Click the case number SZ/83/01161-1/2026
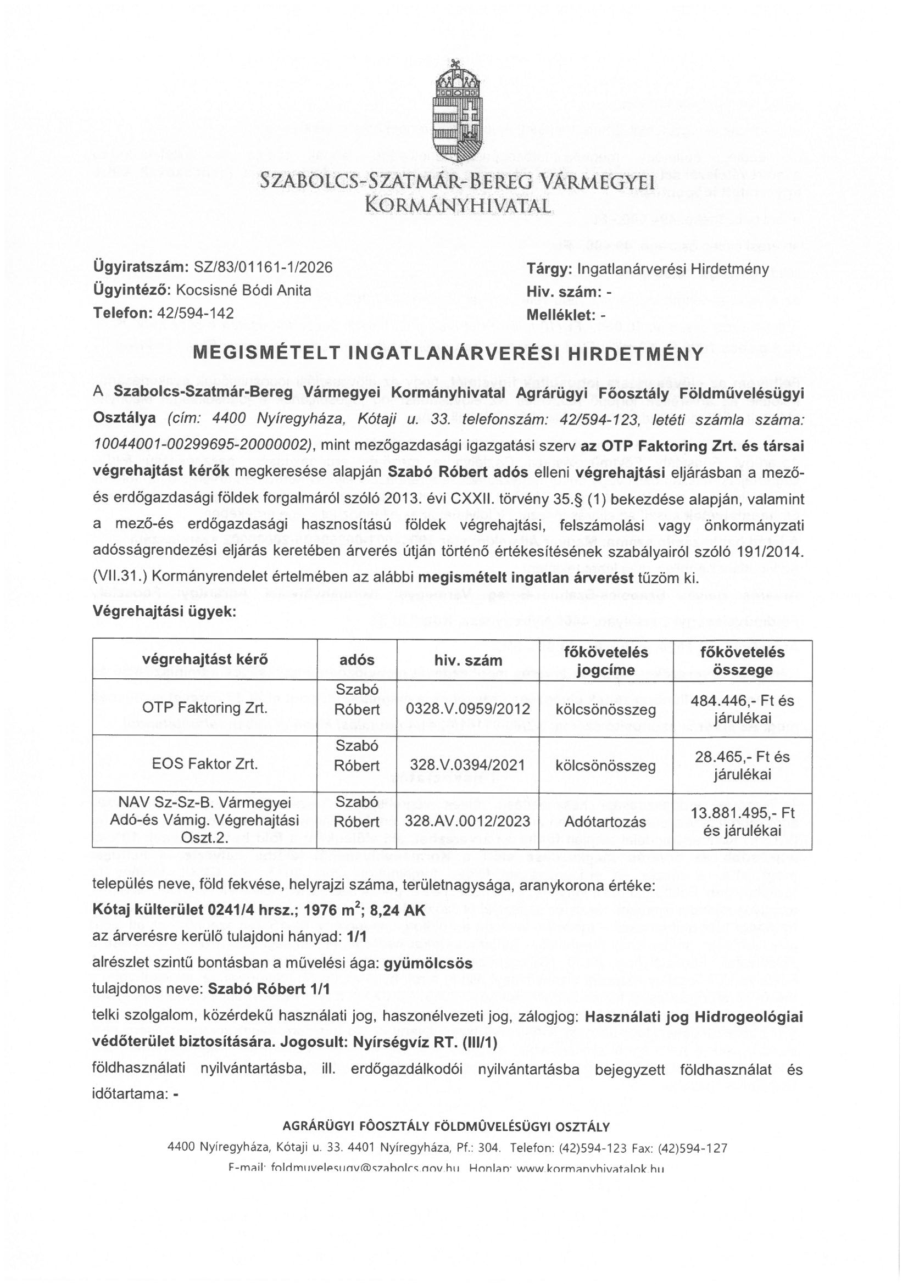(x=263, y=268)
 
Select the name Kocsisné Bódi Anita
(x=243, y=290)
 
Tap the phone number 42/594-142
(x=196, y=312)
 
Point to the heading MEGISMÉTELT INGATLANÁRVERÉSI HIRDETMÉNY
(x=448, y=354)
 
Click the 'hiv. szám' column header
(x=468, y=661)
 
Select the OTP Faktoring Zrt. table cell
(x=205, y=708)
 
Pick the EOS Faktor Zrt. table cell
(x=205, y=764)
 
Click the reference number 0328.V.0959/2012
(x=468, y=710)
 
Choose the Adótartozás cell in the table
(x=605, y=822)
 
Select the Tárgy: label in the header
(x=549, y=269)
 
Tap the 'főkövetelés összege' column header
(x=743, y=661)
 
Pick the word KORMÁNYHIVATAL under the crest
(x=458, y=206)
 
